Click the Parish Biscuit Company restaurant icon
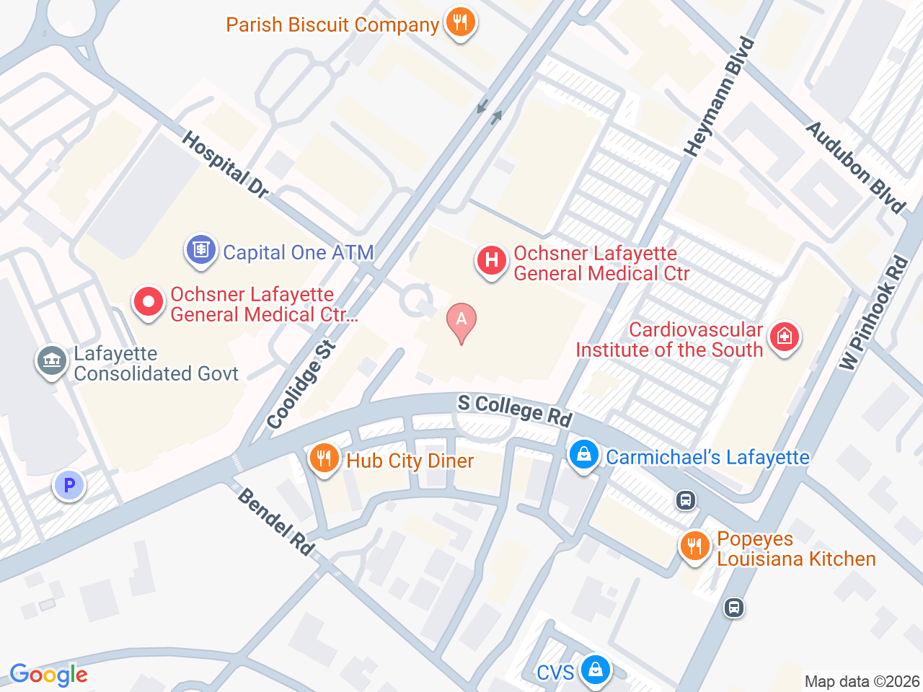pos(459,22)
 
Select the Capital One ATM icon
pos(200,250)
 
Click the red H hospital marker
pos(492,260)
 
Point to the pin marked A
pos(461,321)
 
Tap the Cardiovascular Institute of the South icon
pos(785,337)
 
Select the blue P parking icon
pos(69,486)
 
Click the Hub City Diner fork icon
pos(324,458)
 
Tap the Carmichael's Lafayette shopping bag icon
pos(584,455)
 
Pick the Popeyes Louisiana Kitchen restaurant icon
pos(695,546)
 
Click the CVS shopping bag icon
pos(596,670)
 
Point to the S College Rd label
pos(515,409)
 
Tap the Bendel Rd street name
pos(276,522)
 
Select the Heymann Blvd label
pos(719,98)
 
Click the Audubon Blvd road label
pos(855,167)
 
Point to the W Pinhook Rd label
pos(873,314)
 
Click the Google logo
pos(49,675)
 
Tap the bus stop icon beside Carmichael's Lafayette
pos(686,500)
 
